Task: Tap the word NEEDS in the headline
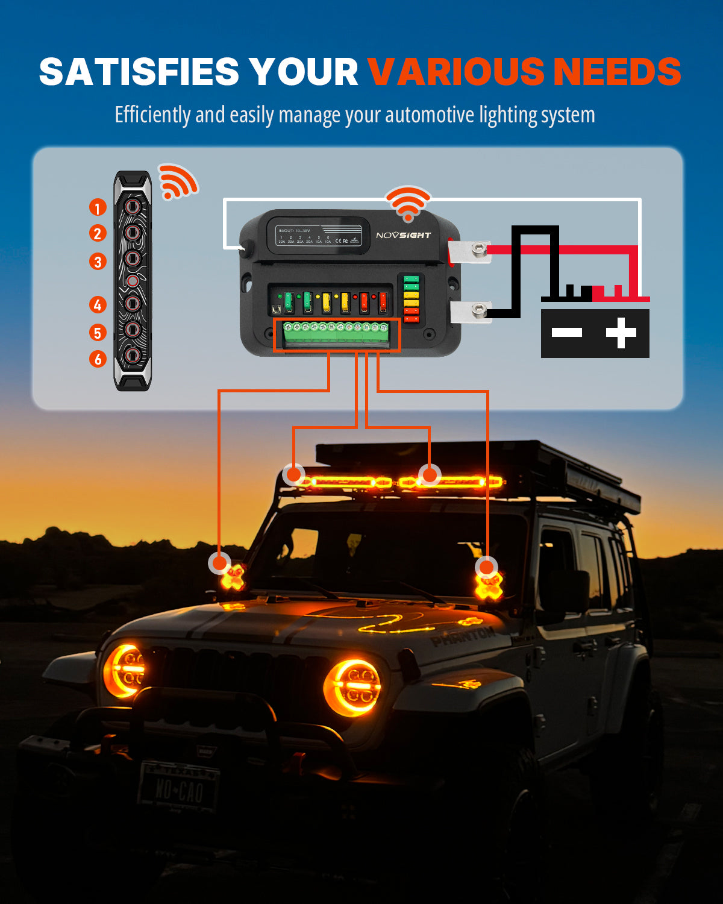coord(617,72)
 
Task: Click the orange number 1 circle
coord(98,208)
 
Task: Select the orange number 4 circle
coord(98,305)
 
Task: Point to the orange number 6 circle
coord(98,359)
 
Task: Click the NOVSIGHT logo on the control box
coord(403,235)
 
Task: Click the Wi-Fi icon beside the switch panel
coord(177,181)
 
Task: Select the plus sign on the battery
coord(621,333)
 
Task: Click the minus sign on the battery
coord(567,332)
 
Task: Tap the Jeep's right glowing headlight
coord(354,687)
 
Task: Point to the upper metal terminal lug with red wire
coord(471,250)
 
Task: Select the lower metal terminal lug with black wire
coord(471,312)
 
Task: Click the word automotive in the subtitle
coord(430,115)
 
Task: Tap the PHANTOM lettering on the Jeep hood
coord(463,636)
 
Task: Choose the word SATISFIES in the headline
coord(139,72)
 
